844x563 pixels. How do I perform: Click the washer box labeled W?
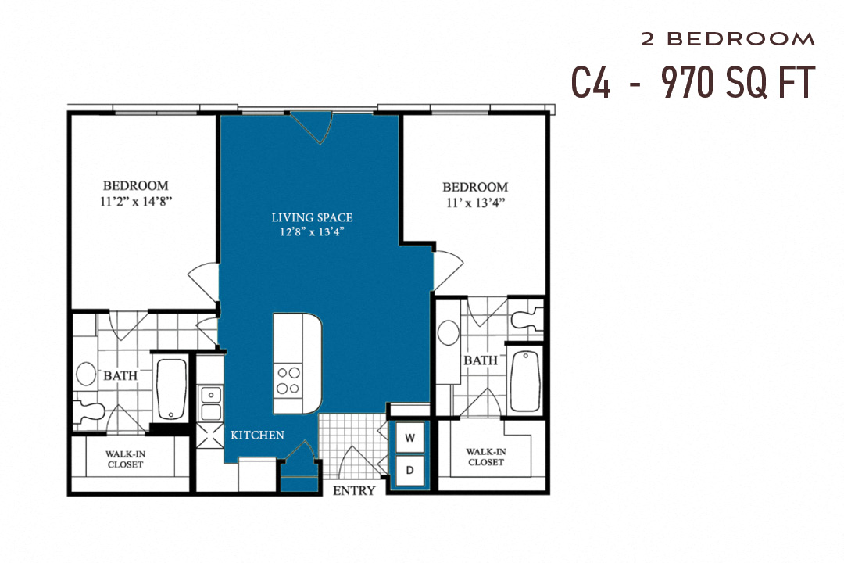409,439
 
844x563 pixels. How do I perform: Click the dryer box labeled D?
409,470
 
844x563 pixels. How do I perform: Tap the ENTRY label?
354,491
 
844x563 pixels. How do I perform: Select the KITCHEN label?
257,435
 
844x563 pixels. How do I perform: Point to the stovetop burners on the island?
287,380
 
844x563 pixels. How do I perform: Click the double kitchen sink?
210,403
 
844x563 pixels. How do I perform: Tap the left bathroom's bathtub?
170,389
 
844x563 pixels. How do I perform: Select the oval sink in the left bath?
86,374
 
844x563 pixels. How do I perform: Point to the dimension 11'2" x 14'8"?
136,200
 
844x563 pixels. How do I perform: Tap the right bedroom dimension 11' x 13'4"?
474,202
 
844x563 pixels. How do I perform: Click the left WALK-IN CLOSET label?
126,458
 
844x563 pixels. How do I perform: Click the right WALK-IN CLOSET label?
485,457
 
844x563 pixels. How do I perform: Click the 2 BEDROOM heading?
728,38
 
